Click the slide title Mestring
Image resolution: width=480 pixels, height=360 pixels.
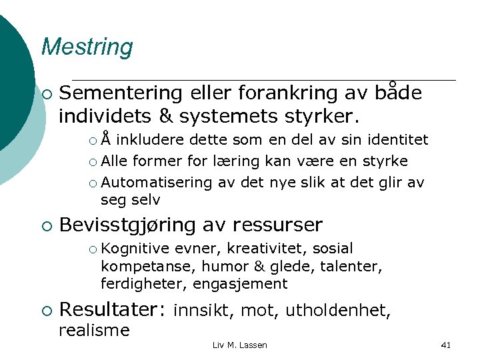tap(87, 47)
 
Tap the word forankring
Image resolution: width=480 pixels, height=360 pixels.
tap(266, 93)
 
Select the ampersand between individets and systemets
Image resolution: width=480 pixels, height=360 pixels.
tap(165, 116)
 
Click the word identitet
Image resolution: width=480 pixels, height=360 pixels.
tap(395, 141)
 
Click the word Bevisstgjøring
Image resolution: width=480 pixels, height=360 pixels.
tap(128, 225)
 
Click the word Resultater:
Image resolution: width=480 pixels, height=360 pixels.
tap(112, 310)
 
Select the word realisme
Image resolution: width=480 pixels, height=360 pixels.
tap(94, 330)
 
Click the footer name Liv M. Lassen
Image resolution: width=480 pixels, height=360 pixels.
tap(239, 345)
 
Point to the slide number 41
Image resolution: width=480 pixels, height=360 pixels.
tap(446, 345)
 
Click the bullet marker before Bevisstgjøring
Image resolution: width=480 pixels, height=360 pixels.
tap(46, 225)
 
